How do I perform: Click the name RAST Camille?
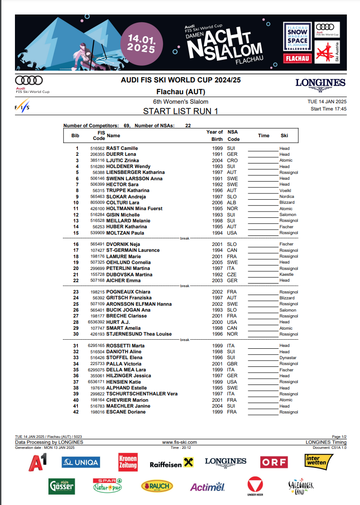tap(122, 148)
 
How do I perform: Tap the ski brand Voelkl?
tap(285, 191)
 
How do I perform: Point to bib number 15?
tap(77, 233)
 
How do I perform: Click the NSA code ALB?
tap(231, 202)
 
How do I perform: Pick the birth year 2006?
tap(217, 202)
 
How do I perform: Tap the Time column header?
tap(264, 135)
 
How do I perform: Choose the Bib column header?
tap(75, 135)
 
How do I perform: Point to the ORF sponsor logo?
tap(274, 462)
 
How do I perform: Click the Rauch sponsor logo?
tap(157, 486)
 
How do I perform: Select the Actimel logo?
tap(207, 487)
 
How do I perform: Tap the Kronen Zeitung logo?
tap(128, 462)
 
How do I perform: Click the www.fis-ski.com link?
tap(179, 442)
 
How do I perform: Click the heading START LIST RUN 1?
tap(180, 111)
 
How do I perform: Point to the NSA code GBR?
tap(231, 364)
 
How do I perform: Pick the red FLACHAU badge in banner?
tap(298, 58)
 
